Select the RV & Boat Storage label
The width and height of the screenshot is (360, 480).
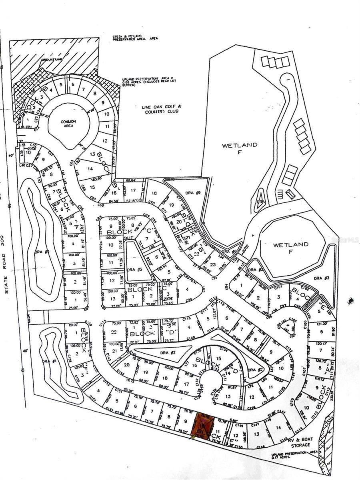(300, 442)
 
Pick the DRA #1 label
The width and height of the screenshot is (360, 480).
(47, 362)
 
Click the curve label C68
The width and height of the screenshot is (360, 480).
(100, 205)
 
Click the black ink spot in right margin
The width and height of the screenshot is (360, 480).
(351, 300)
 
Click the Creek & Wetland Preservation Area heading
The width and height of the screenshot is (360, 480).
(135, 39)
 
